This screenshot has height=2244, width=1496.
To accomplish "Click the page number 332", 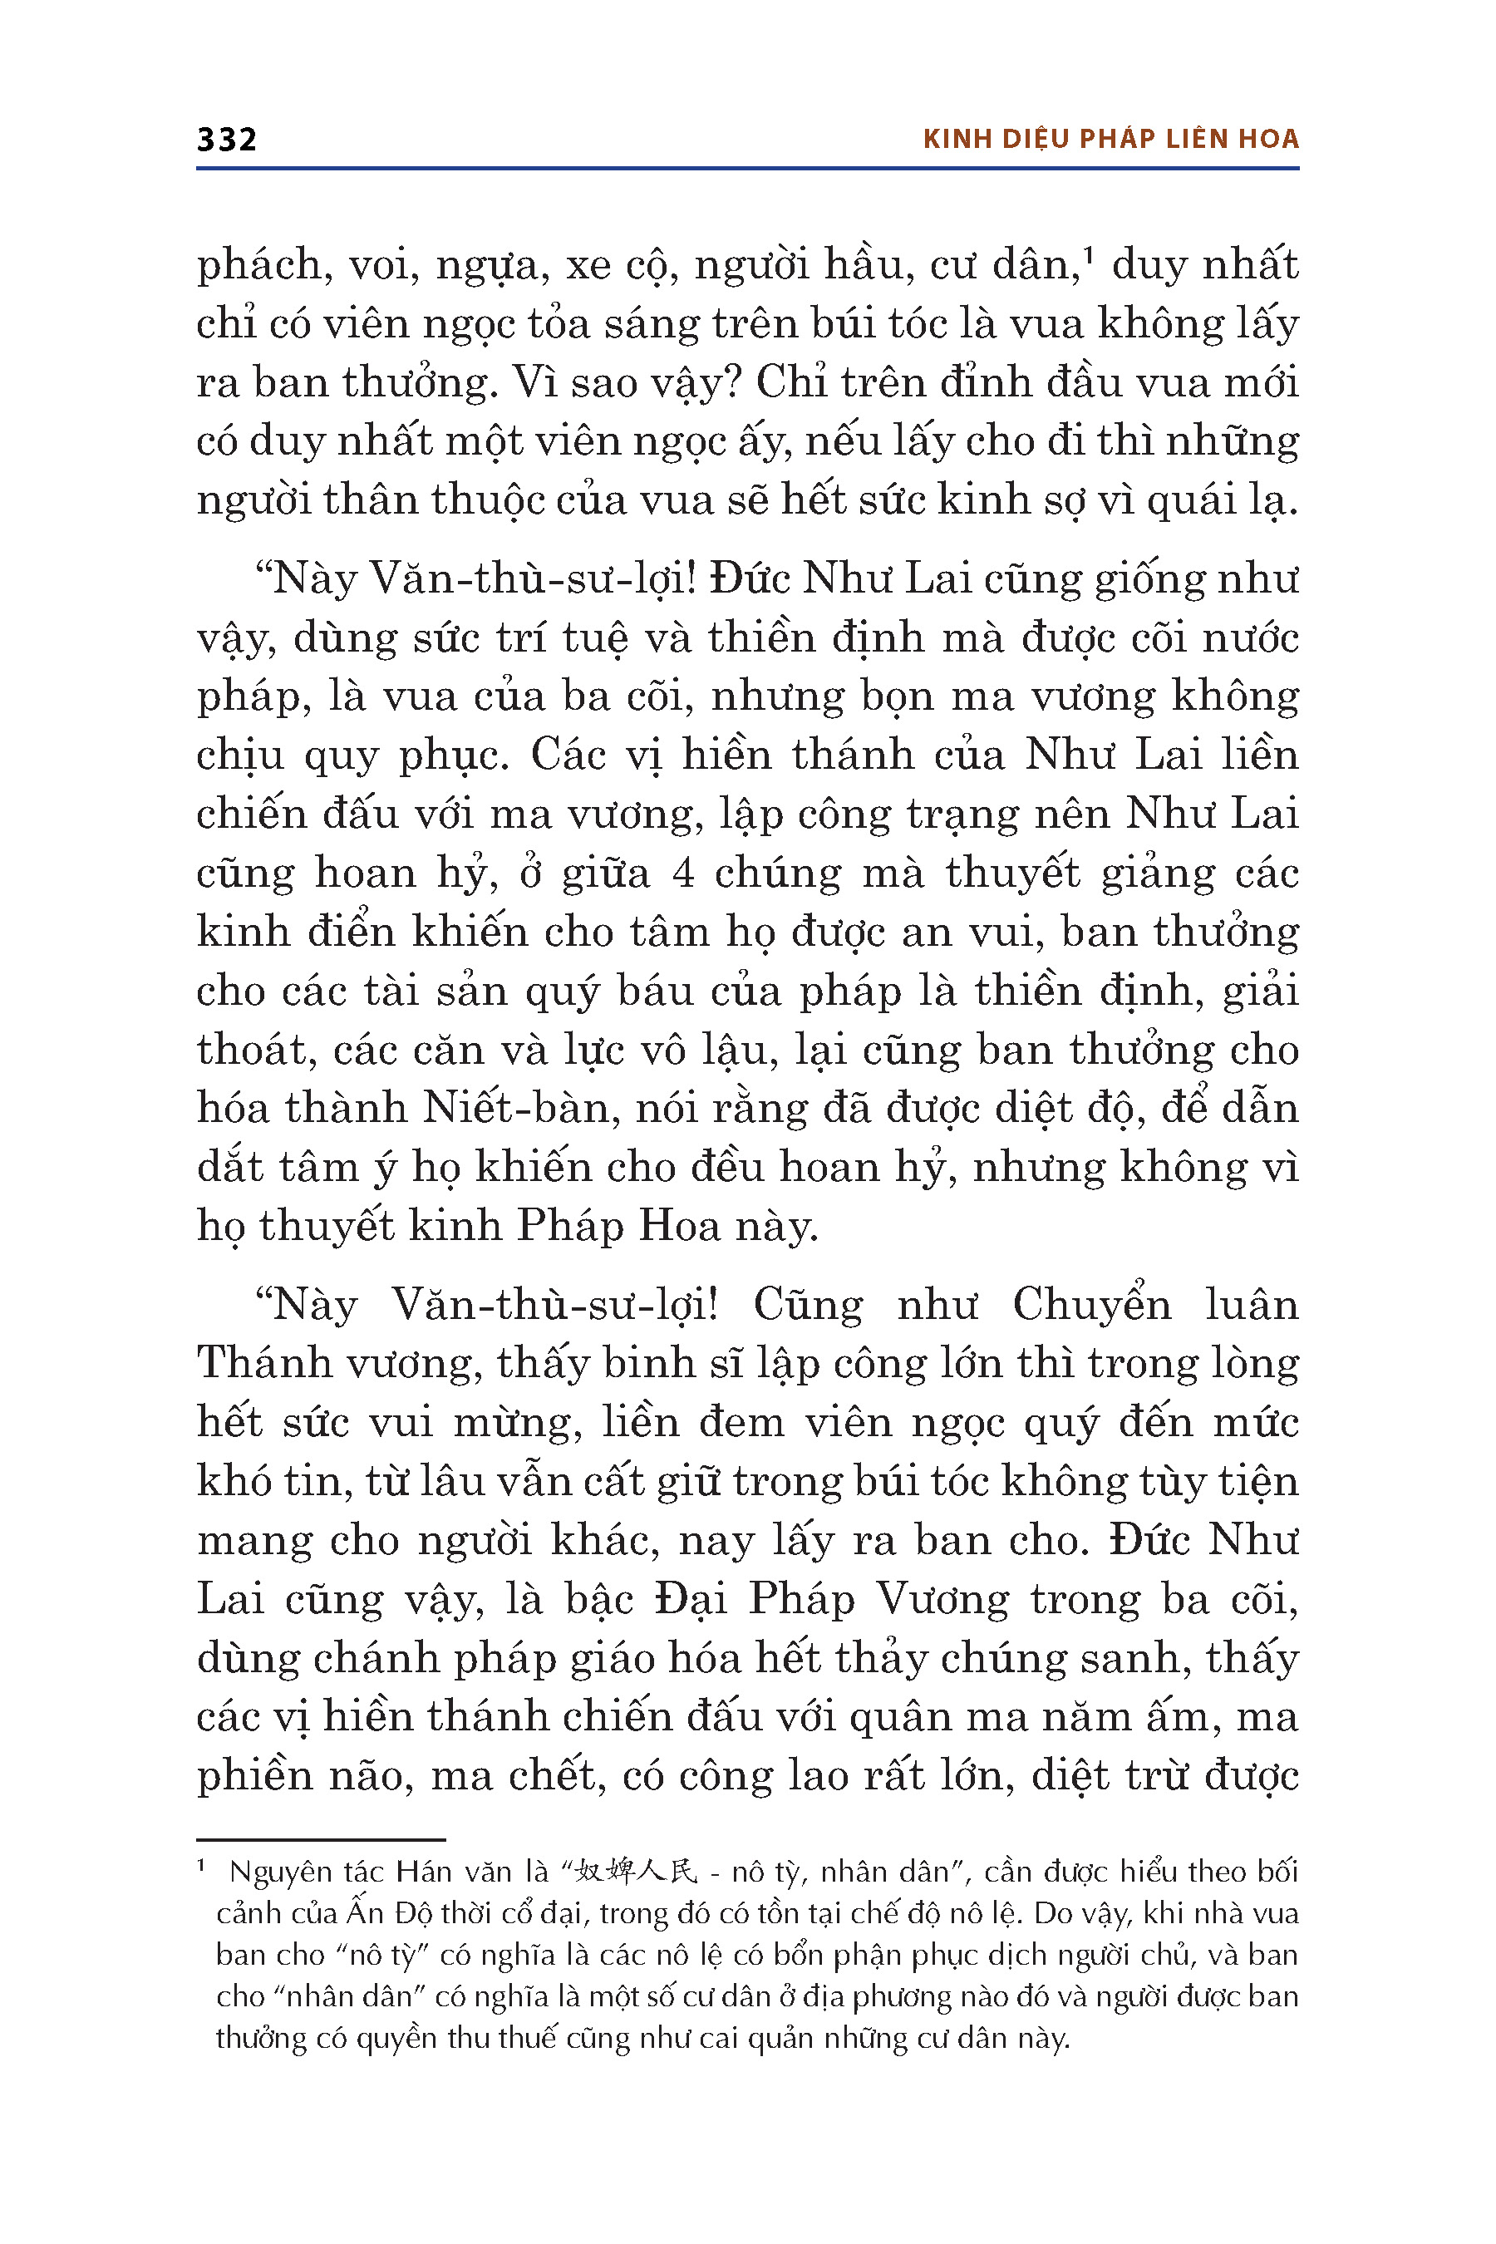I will click(x=226, y=140).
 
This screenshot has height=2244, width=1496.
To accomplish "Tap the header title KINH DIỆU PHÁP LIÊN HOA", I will click(x=1110, y=140).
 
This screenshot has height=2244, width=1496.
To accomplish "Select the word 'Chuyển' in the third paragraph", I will click(x=1091, y=1305).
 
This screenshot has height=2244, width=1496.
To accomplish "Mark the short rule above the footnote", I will click(x=321, y=1839).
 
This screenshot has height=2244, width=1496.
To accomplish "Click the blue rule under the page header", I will click(x=747, y=169).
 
